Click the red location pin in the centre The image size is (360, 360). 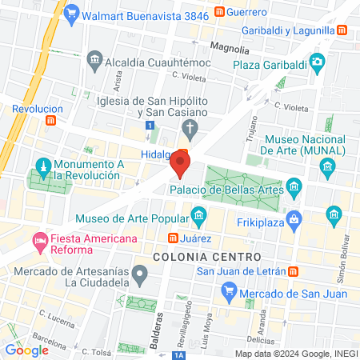[179, 165]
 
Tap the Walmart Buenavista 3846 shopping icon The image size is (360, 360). [71, 13]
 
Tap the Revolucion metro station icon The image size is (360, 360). [51, 121]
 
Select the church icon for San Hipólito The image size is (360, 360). [189, 127]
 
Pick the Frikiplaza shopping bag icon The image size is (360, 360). [295, 217]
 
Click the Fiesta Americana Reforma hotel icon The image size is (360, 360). [38, 239]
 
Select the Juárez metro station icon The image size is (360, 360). [172, 238]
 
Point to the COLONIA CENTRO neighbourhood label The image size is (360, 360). [206, 257]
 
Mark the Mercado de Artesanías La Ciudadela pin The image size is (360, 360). [140, 277]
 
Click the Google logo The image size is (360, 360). [27, 350]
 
